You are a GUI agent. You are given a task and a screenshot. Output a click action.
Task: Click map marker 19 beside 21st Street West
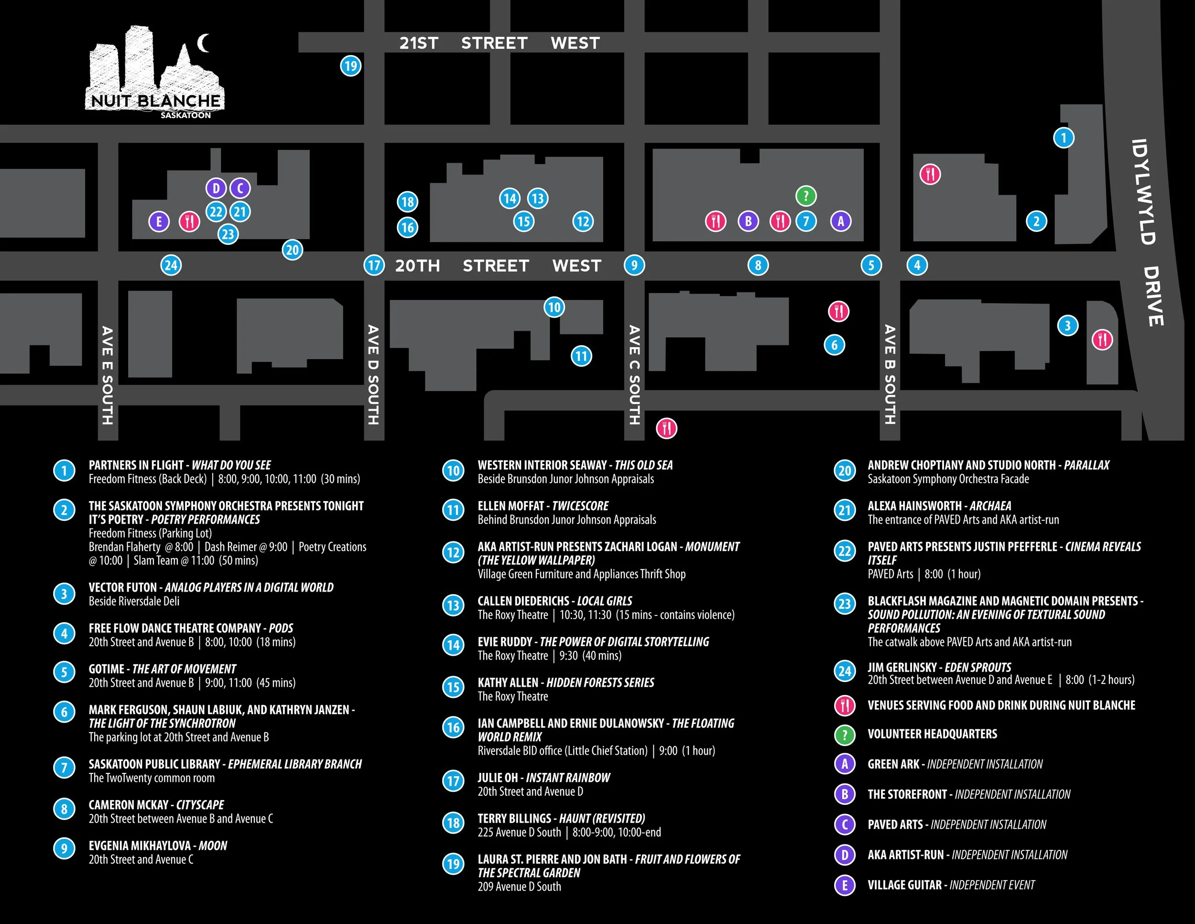pos(351,66)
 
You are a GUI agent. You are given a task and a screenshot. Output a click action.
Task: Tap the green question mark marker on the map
pos(806,196)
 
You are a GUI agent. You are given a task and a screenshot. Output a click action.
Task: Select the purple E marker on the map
pos(159,222)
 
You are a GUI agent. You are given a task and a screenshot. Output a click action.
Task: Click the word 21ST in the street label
pos(419,43)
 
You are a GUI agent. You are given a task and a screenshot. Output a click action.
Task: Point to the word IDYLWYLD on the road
pos(1143,192)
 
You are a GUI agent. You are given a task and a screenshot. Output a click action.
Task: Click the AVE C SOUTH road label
pos(634,375)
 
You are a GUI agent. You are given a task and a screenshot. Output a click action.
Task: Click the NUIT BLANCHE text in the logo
pos(155,101)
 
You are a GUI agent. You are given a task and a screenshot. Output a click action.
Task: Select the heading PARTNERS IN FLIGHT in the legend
pos(136,465)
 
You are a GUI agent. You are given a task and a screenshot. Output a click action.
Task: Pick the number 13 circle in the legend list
pos(453,606)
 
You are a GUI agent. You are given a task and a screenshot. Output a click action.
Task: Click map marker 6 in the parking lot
pos(835,345)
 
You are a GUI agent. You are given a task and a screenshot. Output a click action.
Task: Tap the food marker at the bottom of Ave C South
pos(666,428)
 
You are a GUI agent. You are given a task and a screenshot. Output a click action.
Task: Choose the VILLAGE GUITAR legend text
pos(904,885)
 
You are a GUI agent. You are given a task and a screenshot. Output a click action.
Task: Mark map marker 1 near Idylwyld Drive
pos(1064,137)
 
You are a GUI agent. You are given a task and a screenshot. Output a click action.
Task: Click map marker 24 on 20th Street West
pos(171,265)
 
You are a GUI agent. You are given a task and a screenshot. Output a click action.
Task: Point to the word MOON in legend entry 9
pos(213,846)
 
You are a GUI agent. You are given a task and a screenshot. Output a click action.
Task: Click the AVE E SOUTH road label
pos(107,375)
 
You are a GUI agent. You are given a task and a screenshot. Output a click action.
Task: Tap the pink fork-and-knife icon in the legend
pos(845,705)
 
